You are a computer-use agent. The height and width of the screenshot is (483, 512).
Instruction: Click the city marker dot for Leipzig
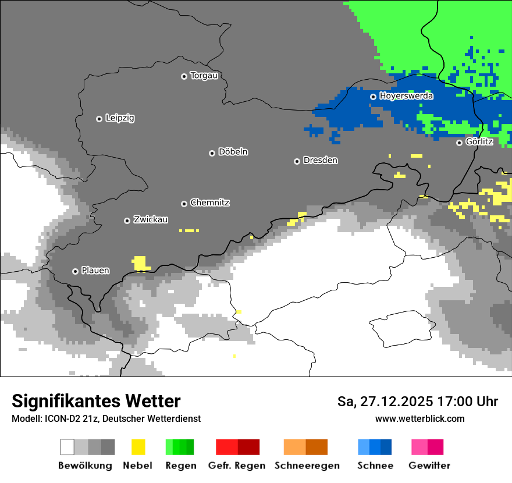99,119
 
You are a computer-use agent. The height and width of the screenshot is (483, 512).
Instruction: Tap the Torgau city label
204,76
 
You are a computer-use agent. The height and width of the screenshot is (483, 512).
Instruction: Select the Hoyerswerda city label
406,96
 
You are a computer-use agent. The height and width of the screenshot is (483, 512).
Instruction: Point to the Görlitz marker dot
459,143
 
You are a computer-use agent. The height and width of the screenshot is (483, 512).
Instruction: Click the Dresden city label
320,161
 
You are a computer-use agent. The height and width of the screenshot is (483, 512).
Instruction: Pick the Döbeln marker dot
212,153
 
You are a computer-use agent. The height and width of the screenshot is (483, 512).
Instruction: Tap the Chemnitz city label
209,203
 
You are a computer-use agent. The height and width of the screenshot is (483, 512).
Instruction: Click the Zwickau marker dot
127,221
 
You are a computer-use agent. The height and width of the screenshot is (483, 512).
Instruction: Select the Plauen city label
95,271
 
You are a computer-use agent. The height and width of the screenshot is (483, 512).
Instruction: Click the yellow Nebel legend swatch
138,447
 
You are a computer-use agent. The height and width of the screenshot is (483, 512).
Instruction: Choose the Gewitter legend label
429,466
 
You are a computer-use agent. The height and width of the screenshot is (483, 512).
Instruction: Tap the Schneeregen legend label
307,466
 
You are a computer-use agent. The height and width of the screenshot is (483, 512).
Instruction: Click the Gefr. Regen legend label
237,466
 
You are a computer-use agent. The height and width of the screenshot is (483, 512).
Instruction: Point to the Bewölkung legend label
85,466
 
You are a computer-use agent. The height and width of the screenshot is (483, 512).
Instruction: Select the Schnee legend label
375,466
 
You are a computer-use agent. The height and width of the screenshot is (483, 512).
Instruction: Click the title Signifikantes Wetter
96,401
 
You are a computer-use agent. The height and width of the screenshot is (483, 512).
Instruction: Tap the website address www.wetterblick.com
419,418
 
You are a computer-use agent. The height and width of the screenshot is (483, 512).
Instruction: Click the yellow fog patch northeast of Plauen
140,263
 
